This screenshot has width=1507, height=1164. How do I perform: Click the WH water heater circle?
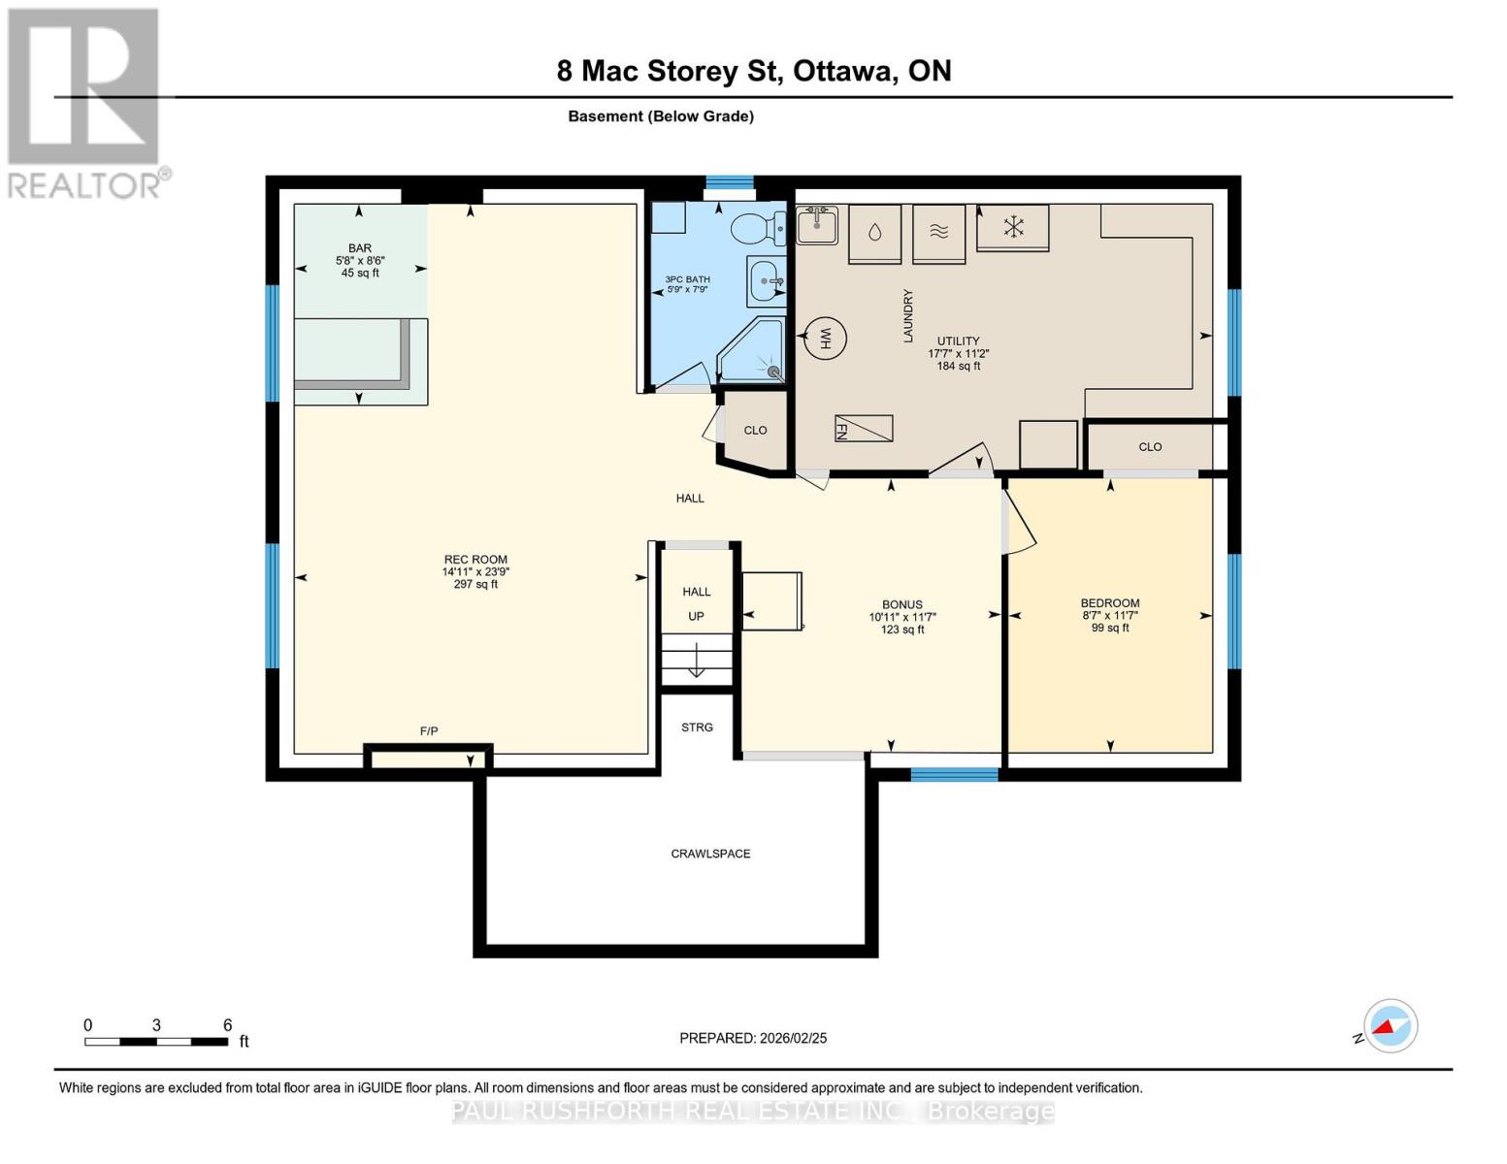[x=825, y=338]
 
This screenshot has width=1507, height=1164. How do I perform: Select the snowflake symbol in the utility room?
[x=1014, y=227]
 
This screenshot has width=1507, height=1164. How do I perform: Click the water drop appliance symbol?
[x=874, y=232]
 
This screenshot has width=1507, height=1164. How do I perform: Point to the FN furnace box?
[x=864, y=428]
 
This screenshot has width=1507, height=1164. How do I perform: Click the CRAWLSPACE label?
[x=710, y=854]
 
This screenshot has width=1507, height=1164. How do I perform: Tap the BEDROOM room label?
[x=1109, y=603]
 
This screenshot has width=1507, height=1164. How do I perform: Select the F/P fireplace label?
[x=429, y=730]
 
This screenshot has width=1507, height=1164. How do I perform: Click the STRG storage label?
[x=697, y=727]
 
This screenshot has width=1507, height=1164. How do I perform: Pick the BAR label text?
[x=360, y=248]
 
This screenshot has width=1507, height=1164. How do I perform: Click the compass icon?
[x=1391, y=1026]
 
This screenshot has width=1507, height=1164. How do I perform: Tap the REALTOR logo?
[x=86, y=103]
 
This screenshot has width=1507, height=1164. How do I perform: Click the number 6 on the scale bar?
[x=227, y=1024]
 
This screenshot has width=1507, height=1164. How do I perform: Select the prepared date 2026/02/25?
[x=793, y=1038]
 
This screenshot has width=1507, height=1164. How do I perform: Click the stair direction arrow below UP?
[x=697, y=660]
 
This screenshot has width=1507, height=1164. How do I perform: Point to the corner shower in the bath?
[x=751, y=350]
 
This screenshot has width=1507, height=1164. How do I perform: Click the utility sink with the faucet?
[x=817, y=225]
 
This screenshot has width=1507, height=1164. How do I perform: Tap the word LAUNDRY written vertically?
[x=908, y=315]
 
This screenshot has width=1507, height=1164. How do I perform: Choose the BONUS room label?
[x=902, y=604]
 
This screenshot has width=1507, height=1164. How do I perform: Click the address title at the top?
[x=754, y=71]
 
